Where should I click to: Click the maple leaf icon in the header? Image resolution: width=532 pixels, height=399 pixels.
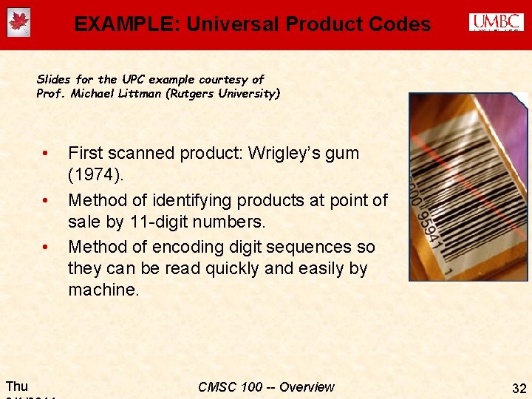[x=19, y=24]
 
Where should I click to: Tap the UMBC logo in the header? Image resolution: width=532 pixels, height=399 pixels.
[x=496, y=23]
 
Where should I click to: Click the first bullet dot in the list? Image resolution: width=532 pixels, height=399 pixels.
[x=46, y=154]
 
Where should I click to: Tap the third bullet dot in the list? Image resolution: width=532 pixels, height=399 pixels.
[x=46, y=247]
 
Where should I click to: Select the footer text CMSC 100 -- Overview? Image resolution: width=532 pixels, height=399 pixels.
[x=266, y=387]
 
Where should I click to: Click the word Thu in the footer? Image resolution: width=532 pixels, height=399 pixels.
[x=17, y=386]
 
